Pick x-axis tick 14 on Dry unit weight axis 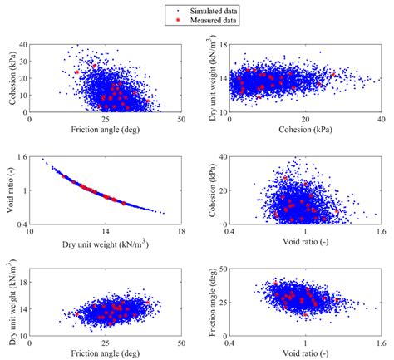tap(106, 232)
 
